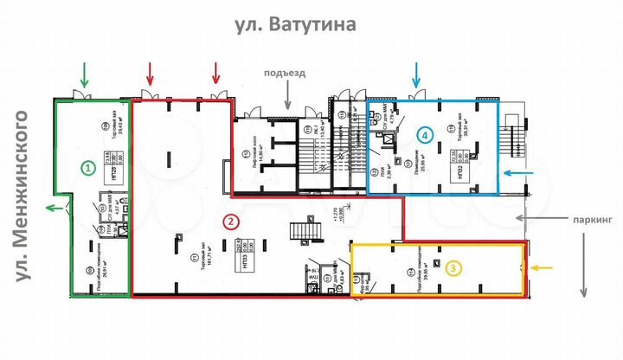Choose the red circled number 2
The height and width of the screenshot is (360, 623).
(x=230, y=222)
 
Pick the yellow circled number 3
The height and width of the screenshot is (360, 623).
(x=453, y=268)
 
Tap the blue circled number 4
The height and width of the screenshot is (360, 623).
(x=424, y=134)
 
